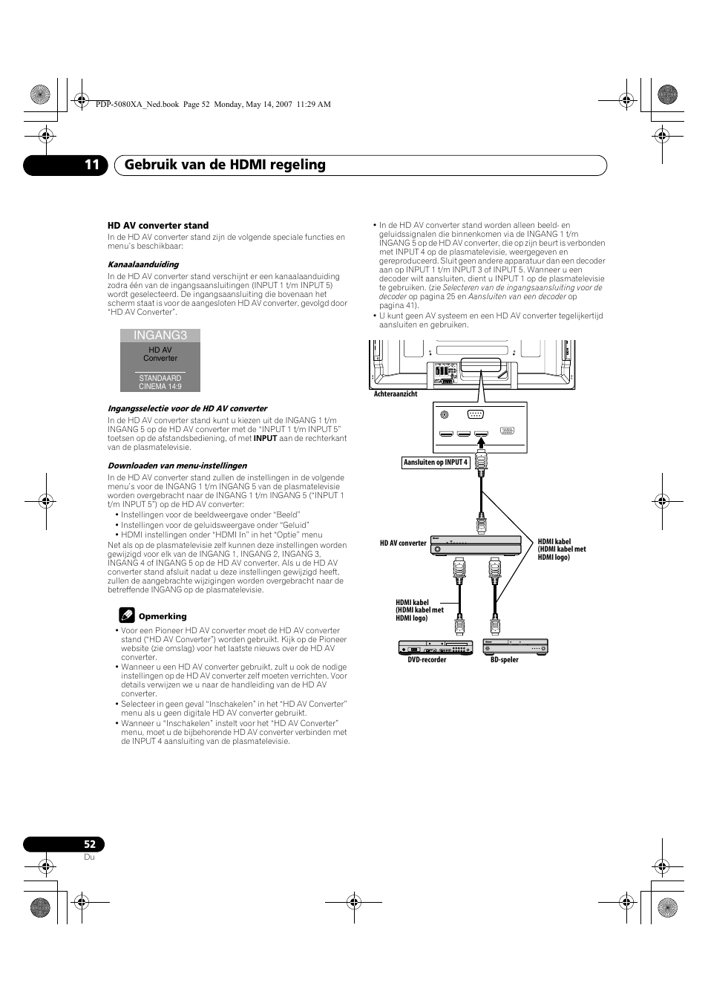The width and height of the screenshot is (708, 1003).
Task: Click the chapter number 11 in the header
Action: pos(91,165)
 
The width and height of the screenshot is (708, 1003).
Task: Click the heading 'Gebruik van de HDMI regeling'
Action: pos(225,165)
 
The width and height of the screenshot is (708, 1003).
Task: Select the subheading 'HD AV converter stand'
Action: pos(158,226)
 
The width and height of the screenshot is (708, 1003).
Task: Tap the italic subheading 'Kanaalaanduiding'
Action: pos(143,264)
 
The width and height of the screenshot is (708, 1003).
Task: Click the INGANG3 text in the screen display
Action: pos(160,336)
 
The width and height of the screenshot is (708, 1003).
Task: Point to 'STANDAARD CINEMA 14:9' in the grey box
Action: pos(160,382)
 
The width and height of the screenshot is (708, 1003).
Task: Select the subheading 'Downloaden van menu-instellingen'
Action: pos(177,465)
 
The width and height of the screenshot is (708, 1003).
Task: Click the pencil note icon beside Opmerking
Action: pos(126,615)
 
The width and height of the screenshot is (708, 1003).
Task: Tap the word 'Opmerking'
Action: pos(163,616)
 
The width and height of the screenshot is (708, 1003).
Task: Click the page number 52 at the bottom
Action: pos(89,844)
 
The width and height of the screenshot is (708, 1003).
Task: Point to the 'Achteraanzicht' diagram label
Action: pos(396,394)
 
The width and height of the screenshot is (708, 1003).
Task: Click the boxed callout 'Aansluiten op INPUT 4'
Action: pos(436,463)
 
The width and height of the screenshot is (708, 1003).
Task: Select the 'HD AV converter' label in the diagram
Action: pos(403,543)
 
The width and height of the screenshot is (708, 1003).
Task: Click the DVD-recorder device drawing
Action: pos(436,647)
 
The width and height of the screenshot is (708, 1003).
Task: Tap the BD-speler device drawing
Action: pos(515,646)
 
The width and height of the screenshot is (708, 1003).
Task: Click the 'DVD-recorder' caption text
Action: pos(427,660)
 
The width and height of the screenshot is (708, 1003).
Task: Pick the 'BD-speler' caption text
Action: pos(505,660)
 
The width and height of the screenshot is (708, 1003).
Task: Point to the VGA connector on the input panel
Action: pos(507,431)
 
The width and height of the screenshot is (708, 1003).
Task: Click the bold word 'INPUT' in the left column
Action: pos(265,438)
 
